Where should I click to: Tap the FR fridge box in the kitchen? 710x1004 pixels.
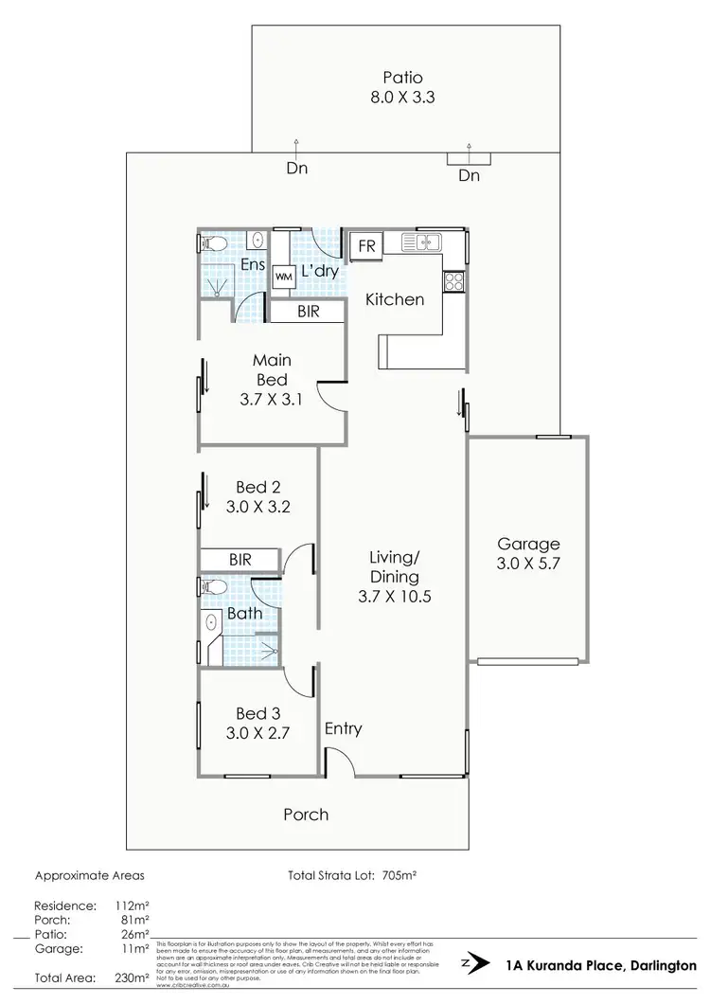pyautogui.click(x=365, y=247)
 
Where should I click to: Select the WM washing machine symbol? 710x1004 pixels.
pyautogui.click(x=283, y=278)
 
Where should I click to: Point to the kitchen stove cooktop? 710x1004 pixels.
pyautogui.click(x=453, y=281)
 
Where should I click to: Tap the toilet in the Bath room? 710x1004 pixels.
pyautogui.click(x=214, y=587)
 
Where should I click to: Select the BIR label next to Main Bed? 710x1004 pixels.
pyautogui.click(x=307, y=310)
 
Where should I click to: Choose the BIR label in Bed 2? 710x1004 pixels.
pyautogui.click(x=240, y=560)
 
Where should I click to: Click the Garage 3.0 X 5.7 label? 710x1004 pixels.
pyautogui.click(x=529, y=553)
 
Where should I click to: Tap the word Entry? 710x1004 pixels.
pyautogui.click(x=343, y=728)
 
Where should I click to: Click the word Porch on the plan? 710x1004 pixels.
pyautogui.click(x=306, y=814)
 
